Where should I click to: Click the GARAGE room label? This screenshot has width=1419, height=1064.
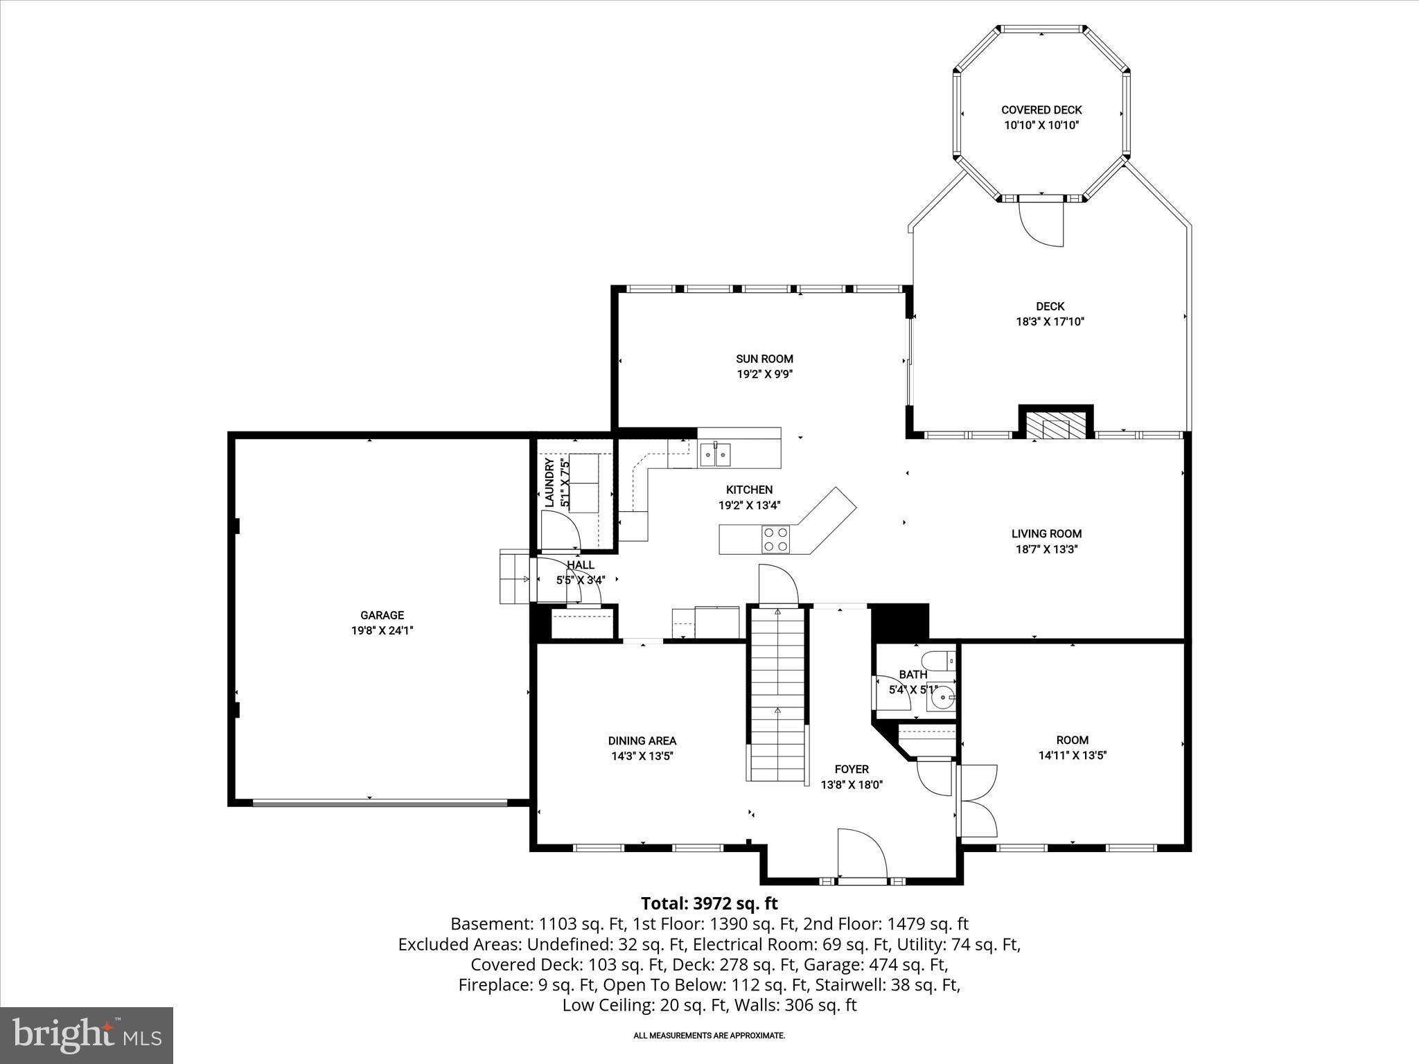tap(382, 615)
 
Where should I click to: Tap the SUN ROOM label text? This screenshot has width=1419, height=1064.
tap(764, 359)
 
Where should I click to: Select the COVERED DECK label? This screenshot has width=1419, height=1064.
tap(1041, 110)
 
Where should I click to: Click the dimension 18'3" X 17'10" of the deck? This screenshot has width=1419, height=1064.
tap(1050, 321)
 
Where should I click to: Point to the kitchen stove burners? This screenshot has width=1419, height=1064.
tap(775, 540)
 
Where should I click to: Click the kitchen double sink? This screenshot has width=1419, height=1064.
tap(714, 454)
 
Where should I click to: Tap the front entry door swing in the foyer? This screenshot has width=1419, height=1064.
tap(862, 853)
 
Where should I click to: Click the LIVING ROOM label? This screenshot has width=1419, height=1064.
tap(1046, 533)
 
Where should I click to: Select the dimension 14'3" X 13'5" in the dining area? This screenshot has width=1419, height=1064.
tap(642, 756)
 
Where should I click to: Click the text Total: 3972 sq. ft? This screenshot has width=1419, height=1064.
tap(709, 903)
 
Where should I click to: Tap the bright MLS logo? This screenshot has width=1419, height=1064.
tap(87, 1035)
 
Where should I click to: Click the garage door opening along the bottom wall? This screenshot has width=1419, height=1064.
tap(380, 803)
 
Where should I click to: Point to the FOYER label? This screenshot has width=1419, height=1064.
tap(852, 769)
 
